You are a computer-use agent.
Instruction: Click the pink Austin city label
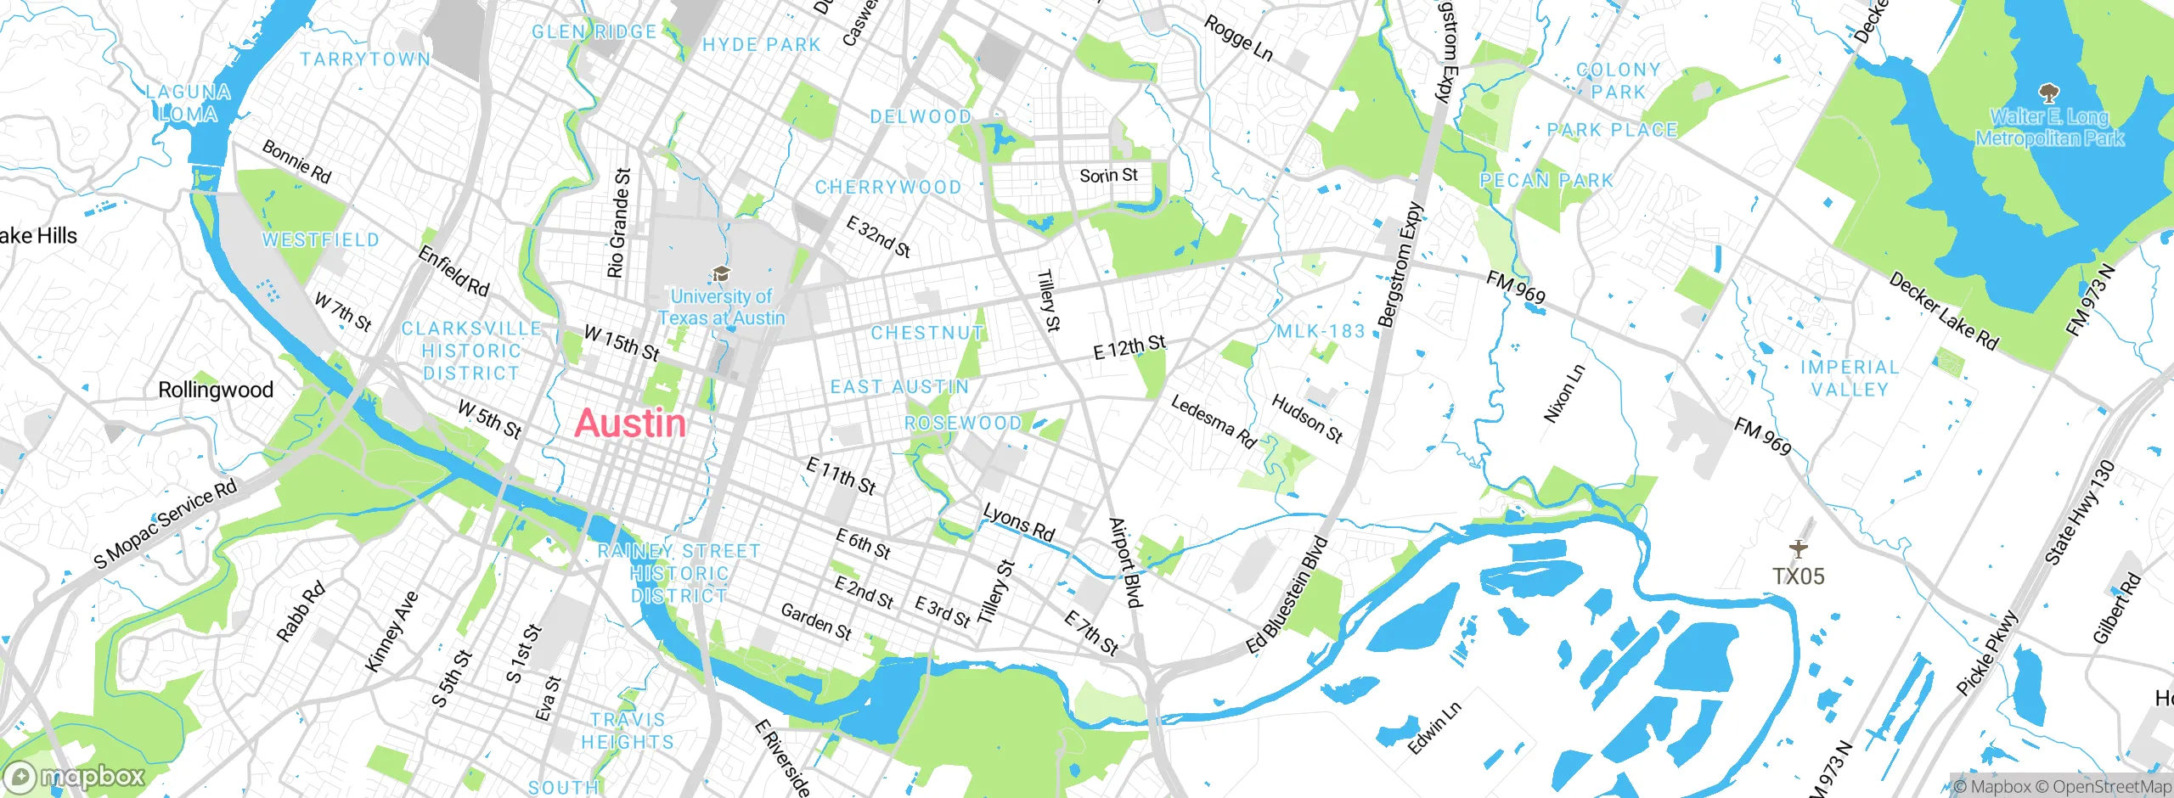[x=629, y=424]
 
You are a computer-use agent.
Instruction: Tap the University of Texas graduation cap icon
[x=721, y=273]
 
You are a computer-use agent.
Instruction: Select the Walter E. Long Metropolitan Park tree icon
[x=2048, y=92]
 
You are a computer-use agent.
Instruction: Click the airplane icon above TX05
[x=1798, y=549]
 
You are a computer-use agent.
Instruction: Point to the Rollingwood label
[x=216, y=390]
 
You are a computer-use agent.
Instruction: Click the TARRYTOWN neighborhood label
[x=365, y=59]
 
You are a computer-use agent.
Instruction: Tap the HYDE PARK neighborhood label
[x=762, y=45]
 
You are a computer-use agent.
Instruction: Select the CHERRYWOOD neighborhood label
[x=888, y=187]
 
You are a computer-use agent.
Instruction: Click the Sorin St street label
[x=1108, y=176]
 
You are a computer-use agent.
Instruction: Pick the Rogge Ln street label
[x=1238, y=38]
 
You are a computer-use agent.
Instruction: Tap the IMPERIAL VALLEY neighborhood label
[x=1850, y=379]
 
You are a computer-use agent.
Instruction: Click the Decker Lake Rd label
[x=1943, y=312]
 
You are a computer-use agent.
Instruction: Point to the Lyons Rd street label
[x=1018, y=522]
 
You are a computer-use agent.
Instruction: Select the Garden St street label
[x=816, y=621]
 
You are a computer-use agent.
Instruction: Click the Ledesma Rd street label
[x=1214, y=421]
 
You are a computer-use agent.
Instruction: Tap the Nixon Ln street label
[x=1563, y=394]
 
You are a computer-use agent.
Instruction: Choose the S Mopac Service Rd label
[x=166, y=524]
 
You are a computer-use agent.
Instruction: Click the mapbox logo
[x=75, y=777]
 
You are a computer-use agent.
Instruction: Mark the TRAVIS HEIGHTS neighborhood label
[x=628, y=731]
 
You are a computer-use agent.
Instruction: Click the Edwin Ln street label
[x=1435, y=728]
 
